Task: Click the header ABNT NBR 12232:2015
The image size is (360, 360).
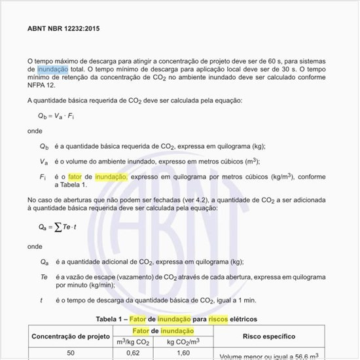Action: (63, 29)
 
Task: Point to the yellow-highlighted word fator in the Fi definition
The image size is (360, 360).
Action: (75, 177)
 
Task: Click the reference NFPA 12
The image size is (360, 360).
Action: (42, 85)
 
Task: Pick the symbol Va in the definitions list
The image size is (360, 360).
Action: (44, 162)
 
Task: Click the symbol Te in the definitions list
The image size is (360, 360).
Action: (44, 277)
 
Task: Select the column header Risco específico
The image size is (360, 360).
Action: (268, 336)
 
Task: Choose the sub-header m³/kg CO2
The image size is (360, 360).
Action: (133, 342)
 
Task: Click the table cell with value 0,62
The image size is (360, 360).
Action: (133, 353)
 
